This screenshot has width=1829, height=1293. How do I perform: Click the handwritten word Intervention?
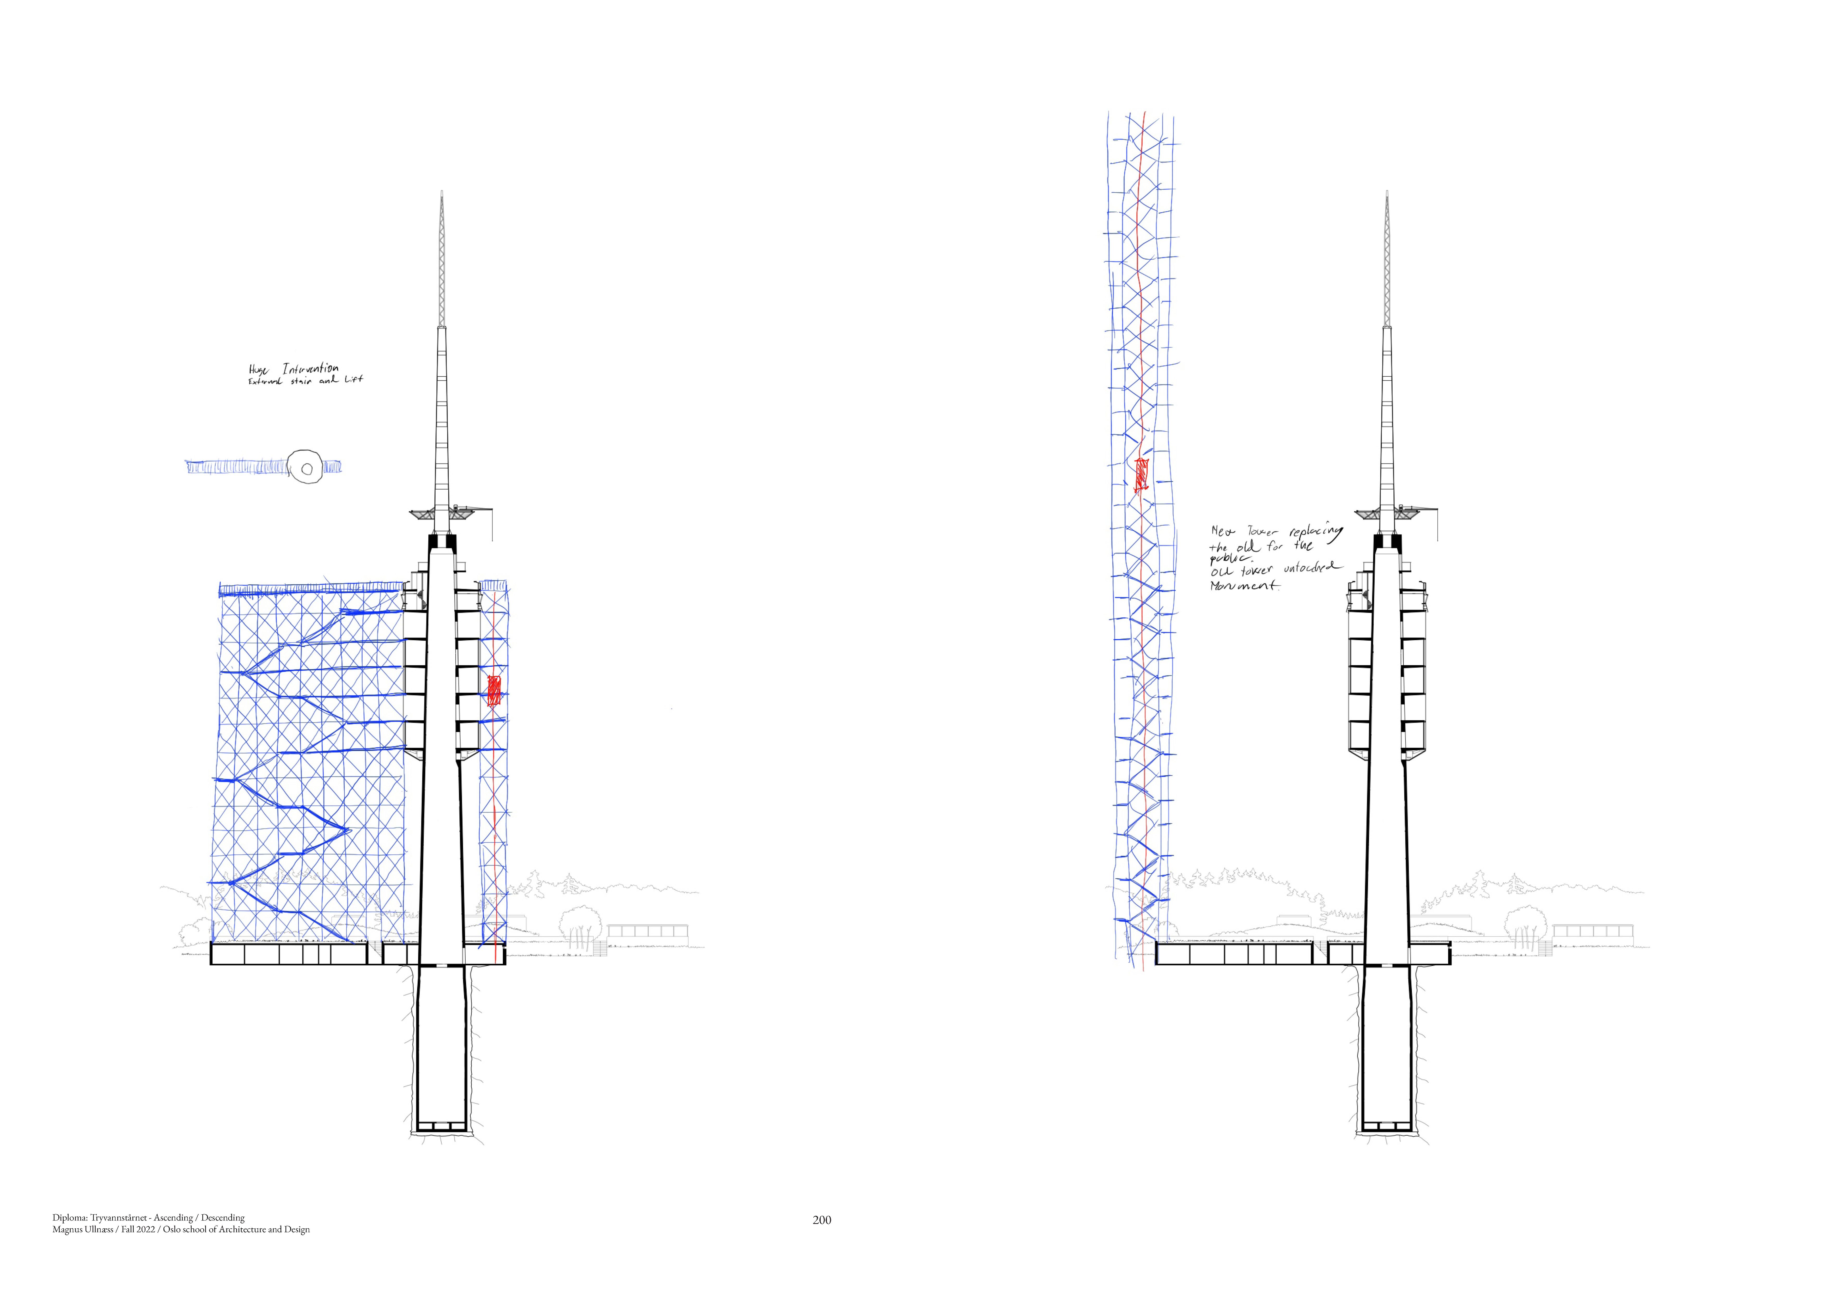(x=310, y=369)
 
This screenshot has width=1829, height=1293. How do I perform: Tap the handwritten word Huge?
(x=258, y=370)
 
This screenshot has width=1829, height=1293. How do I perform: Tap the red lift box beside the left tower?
(x=494, y=690)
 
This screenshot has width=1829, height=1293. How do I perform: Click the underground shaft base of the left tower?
(x=441, y=1126)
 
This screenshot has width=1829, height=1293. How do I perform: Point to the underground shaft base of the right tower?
(x=1386, y=1126)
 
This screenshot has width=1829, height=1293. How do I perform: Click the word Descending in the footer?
(x=222, y=1218)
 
